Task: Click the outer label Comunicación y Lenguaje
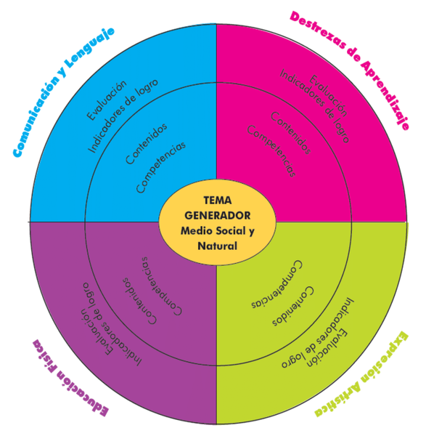pos(64,92)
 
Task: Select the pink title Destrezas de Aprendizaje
pos(349,70)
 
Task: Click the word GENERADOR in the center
pos(218,216)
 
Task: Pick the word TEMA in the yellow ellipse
pos(218,201)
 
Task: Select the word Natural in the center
pos(218,246)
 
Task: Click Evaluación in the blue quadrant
pos(107,100)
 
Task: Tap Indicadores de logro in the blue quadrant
pos(123,116)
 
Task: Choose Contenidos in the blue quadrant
pos(147,143)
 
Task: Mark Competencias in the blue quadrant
pos(161,167)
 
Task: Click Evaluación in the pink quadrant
pos(328,95)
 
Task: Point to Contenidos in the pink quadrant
pos(291,133)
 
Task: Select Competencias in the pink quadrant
pos(271,151)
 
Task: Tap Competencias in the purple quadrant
pos(162,286)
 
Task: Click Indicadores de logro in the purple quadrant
pos(112,324)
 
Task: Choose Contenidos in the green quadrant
pos(293,306)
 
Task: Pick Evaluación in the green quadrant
pos(327,348)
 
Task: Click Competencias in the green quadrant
pos(277,284)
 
